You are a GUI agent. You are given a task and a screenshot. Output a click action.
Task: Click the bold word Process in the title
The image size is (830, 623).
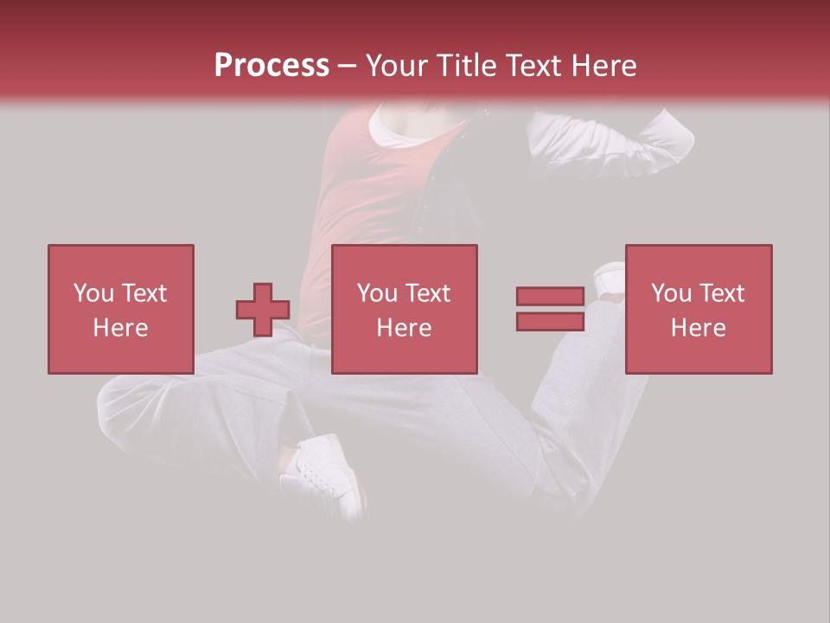(x=271, y=66)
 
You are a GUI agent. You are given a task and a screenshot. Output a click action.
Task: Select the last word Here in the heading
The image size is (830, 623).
(x=603, y=66)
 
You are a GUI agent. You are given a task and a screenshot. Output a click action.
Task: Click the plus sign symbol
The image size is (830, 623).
(x=263, y=310)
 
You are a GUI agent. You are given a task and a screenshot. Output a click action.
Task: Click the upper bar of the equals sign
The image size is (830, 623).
(x=550, y=296)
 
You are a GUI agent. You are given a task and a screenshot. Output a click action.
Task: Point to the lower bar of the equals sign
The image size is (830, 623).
(x=550, y=322)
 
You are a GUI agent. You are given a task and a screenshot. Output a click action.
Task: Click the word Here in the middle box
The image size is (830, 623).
(x=405, y=328)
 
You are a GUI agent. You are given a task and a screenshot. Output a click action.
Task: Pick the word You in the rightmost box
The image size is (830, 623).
(x=672, y=293)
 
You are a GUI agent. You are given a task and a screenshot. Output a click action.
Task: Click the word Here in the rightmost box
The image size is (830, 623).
(x=699, y=328)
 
